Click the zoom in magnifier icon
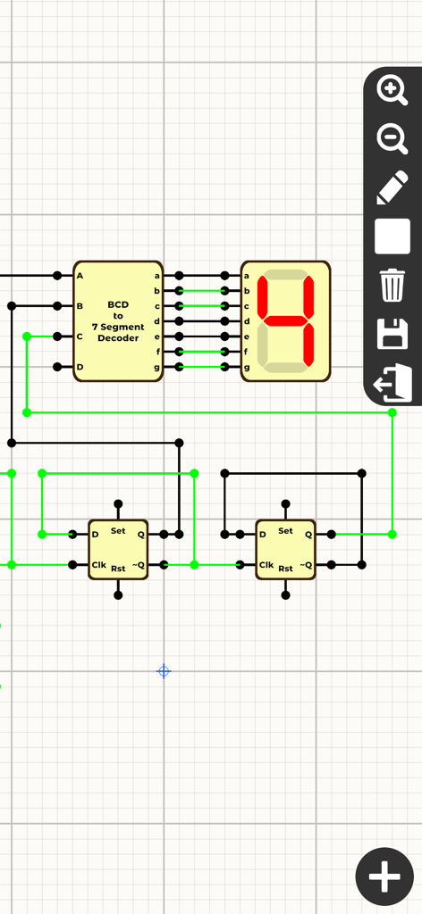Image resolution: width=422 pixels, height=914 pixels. point(392,89)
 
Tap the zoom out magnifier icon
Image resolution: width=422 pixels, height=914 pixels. point(392,139)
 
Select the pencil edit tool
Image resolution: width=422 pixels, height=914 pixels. point(392,188)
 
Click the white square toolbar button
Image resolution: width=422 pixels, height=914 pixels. point(392,237)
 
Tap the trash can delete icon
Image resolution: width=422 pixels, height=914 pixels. point(392,287)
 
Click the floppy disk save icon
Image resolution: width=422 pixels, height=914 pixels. point(392,336)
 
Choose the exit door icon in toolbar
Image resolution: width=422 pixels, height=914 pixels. point(392,384)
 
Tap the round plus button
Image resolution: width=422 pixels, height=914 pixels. point(384,877)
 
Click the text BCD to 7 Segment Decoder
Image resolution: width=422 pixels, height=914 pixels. point(118,321)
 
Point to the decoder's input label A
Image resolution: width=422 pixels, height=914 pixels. point(80,276)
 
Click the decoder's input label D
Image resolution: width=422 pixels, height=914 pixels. point(80,367)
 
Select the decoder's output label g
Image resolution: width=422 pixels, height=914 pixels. point(157,367)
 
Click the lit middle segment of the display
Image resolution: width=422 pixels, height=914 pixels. point(285,320)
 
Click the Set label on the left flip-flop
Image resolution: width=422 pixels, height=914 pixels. point(118,531)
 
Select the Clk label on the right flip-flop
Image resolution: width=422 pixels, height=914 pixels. point(266,565)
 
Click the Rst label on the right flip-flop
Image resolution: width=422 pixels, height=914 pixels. point(285,569)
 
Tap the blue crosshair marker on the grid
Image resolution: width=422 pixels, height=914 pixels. point(164,671)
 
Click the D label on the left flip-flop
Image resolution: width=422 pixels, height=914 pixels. point(95,535)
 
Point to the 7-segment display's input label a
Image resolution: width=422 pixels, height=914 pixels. point(247,276)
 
